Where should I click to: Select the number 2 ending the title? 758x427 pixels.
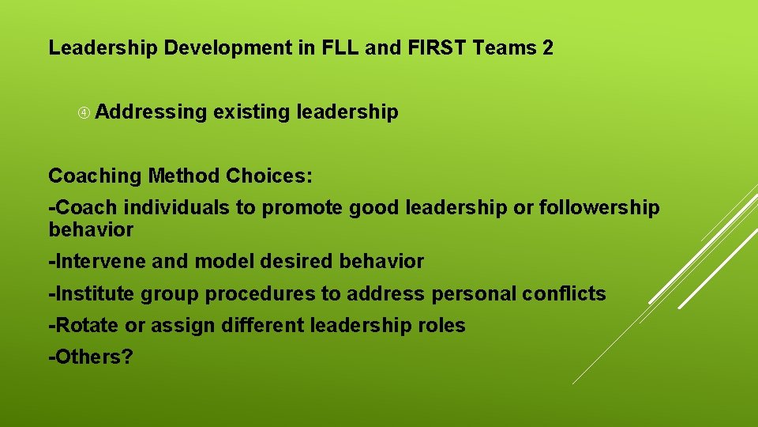click(548, 48)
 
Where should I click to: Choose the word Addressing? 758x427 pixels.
click(151, 112)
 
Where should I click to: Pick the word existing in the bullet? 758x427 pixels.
click(251, 112)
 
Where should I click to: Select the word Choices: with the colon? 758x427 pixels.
click(269, 176)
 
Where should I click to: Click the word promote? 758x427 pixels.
click(302, 208)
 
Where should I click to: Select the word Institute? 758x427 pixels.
click(92, 294)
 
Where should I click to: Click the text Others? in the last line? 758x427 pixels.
click(91, 357)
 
